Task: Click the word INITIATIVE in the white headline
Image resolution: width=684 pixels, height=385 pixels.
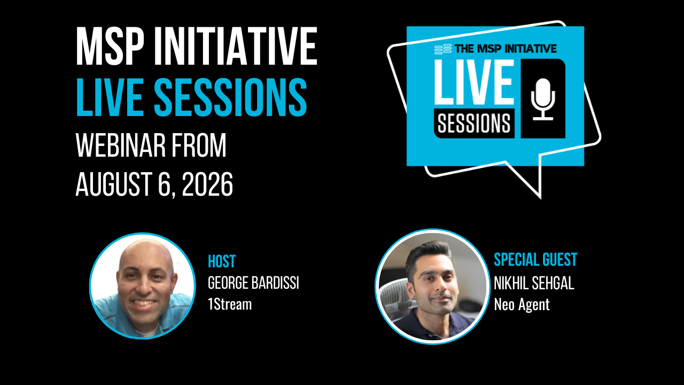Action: point(236,46)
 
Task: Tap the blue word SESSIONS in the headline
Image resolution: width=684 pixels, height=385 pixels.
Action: point(230,97)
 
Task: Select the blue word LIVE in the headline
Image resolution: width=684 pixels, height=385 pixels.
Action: point(110,97)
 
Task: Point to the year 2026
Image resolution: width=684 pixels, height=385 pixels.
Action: point(207,184)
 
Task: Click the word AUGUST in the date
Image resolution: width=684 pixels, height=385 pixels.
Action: point(114,184)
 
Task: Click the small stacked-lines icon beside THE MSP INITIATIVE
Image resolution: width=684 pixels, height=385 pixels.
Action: point(443,49)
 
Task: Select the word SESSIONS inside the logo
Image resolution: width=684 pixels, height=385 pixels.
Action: point(474,124)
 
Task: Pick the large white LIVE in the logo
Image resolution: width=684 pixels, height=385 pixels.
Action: point(474,82)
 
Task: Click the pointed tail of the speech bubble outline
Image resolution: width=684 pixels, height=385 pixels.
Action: point(540,198)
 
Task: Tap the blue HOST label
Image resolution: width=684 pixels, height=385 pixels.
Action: point(222,261)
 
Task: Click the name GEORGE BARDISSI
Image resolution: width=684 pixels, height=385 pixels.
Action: point(253,283)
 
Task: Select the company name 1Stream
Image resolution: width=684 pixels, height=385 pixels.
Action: point(230,304)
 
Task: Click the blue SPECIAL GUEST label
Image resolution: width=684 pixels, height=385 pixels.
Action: point(535,260)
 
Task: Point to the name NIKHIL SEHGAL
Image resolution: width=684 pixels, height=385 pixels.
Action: point(534,283)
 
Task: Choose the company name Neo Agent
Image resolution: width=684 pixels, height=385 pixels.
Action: point(522,304)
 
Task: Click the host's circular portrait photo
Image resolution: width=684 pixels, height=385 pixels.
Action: point(143,286)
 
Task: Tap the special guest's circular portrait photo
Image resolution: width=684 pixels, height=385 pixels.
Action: point(433,286)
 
